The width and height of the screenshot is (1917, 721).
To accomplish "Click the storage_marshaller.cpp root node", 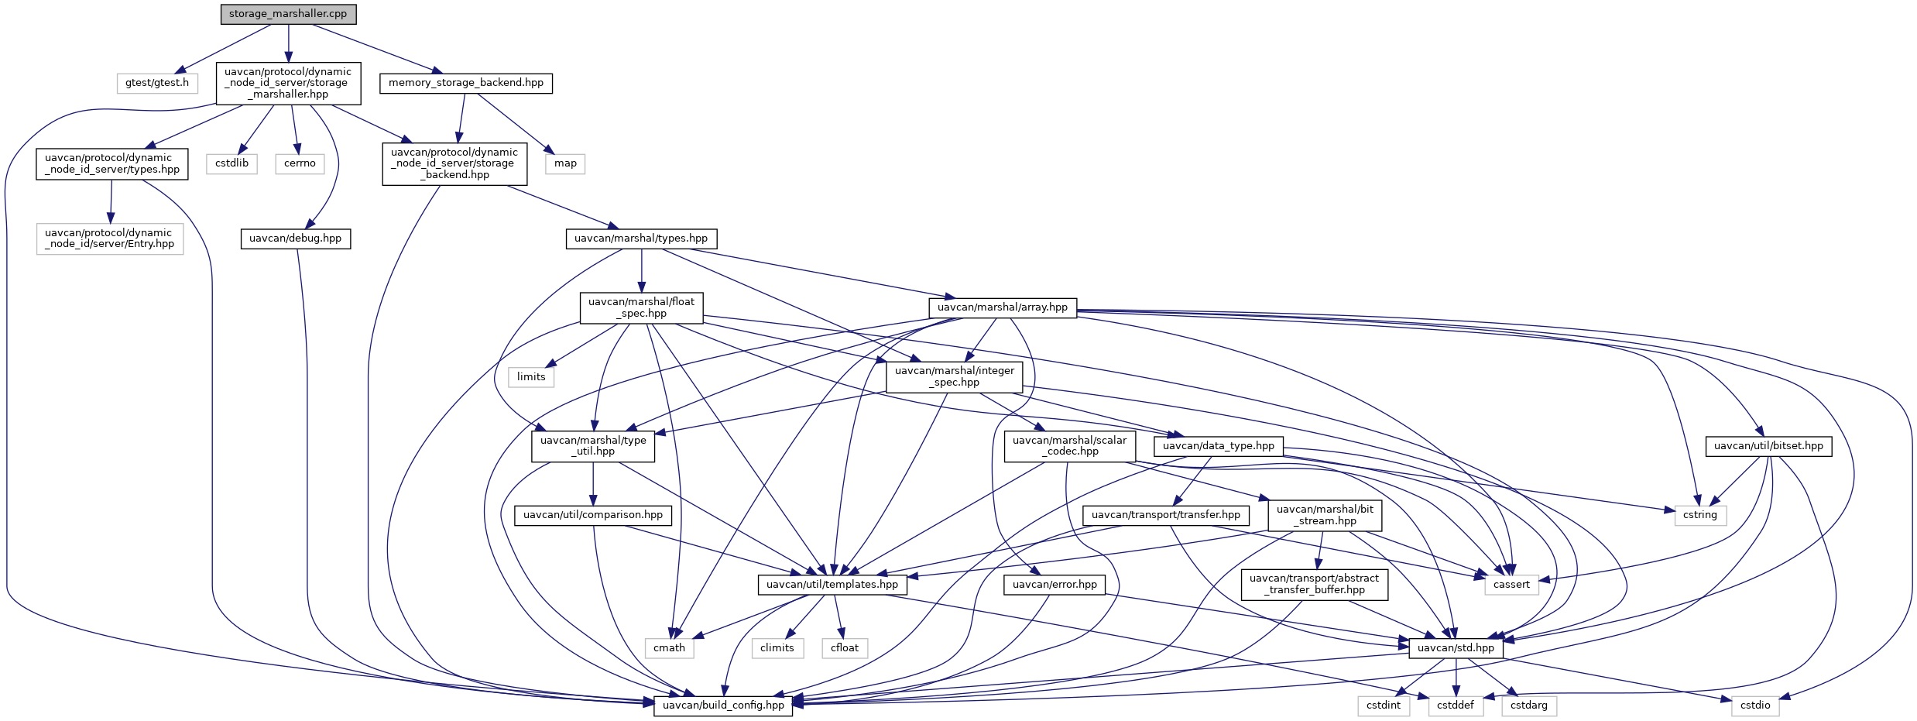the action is click(x=288, y=14).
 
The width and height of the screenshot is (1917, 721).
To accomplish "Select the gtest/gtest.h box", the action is click(x=157, y=83).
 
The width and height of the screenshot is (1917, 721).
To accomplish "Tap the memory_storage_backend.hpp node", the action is click(x=466, y=83).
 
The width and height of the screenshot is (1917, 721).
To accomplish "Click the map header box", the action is click(x=565, y=163).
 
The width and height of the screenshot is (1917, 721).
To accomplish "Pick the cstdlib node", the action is click(x=231, y=163).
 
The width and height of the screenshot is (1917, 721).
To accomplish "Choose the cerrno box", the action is click(x=300, y=163).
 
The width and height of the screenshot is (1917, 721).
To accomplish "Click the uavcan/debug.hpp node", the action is click(x=296, y=239).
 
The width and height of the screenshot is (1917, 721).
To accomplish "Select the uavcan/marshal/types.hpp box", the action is click(x=641, y=239).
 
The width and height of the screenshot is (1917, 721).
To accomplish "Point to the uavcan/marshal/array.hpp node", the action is click(x=1003, y=307).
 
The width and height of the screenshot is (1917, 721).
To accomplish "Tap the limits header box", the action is click(x=531, y=377).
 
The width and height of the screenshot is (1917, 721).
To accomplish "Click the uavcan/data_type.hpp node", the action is click(x=1219, y=446).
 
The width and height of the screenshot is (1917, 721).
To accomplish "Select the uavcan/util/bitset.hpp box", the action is click(x=1768, y=446).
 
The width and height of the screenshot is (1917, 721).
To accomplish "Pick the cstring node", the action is click(x=1700, y=515).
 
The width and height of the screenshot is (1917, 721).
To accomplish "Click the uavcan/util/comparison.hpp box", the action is click(x=593, y=515).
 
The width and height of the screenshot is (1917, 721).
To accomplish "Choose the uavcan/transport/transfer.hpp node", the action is click(x=1166, y=515).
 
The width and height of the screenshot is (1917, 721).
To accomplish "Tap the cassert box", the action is click(x=1511, y=585).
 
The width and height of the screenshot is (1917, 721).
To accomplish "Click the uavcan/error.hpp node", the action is click(x=1055, y=585).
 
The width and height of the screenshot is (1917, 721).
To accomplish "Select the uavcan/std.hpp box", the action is click(x=1456, y=648).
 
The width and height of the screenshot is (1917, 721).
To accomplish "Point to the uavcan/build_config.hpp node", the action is click(x=723, y=706).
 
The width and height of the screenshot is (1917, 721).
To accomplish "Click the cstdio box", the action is click(x=1755, y=706).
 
